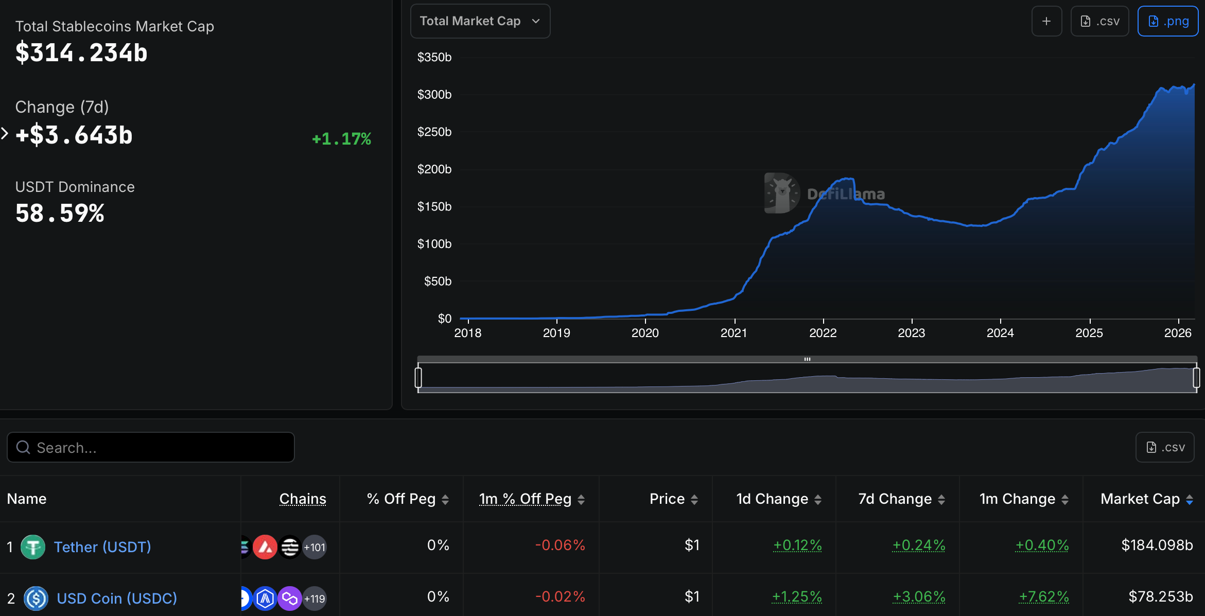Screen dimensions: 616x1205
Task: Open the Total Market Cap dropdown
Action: click(x=480, y=21)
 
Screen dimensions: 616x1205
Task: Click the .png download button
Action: click(x=1167, y=21)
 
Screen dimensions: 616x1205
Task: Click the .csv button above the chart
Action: click(x=1099, y=21)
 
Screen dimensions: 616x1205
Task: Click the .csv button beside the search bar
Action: click(x=1165, y=447)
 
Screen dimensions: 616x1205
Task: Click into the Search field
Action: click(x=150, y=447)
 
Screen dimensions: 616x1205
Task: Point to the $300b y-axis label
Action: click(x=434, y=95)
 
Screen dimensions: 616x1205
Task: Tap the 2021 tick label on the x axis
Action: click(x=734, y=333)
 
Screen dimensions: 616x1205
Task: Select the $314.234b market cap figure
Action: click(x=81, y=53)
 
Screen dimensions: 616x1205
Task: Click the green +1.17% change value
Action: click(x=341, y=138)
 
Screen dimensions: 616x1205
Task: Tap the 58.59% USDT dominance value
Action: click(x=60, y=213)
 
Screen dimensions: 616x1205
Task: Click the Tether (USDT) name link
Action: click(x=102, y=547)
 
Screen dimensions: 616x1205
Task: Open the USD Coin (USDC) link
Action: click(x=117, y=598)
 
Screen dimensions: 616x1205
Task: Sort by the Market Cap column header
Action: click(x=1140, y=499)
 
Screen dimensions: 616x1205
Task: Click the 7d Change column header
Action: click(x=895, y=499)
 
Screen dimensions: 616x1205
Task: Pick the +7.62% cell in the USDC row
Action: click(x=1043, y=596)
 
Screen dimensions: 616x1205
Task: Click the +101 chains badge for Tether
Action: click(x=315, y=547)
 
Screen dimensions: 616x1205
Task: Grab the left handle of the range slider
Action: click(x=418, y=377)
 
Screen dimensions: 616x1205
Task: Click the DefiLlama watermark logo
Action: click(x=782, y=193)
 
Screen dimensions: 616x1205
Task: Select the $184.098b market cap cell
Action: click(x=1157, y=545)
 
